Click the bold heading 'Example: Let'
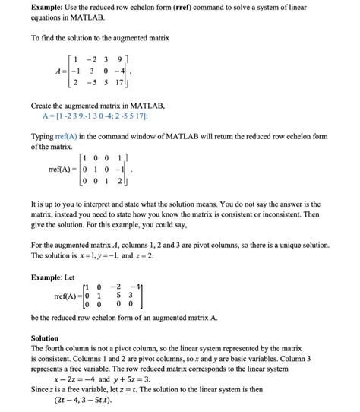point(58,277)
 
